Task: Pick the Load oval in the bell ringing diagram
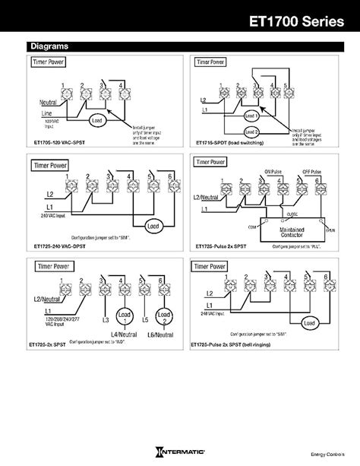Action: pos(309,323)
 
